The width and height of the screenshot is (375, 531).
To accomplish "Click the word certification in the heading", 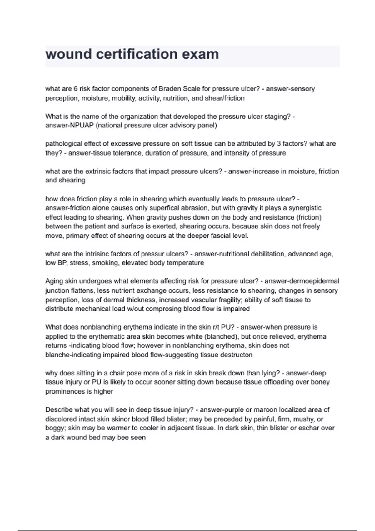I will pos(137,54).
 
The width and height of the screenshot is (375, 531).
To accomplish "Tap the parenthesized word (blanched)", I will pos(218,337).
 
